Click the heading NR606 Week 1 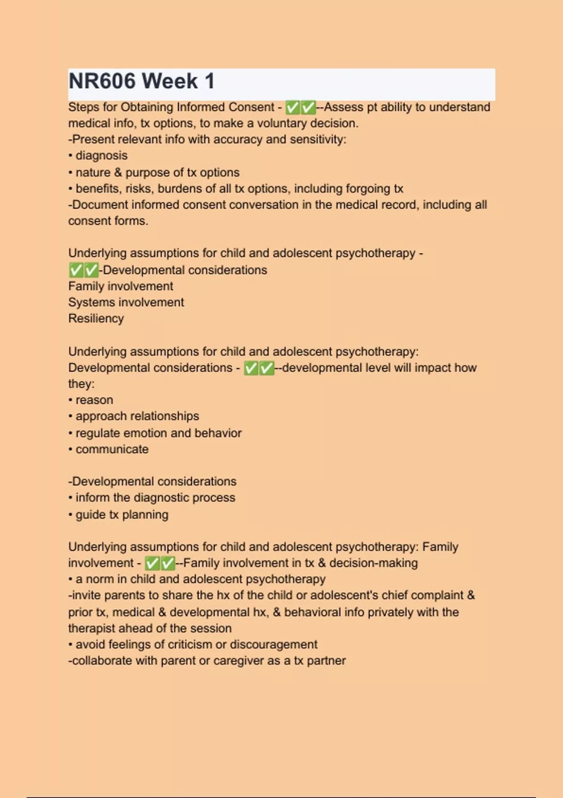tap(141, 81)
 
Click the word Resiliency tap(96, 319)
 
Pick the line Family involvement tap(121, 286)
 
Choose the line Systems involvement tap(126, 302)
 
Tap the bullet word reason tap(94, 400)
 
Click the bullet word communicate tap(112, 449)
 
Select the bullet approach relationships tap(137, 416)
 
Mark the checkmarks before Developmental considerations tap(84, 270)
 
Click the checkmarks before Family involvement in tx tap(160, 563)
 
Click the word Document tap(100, 205)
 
